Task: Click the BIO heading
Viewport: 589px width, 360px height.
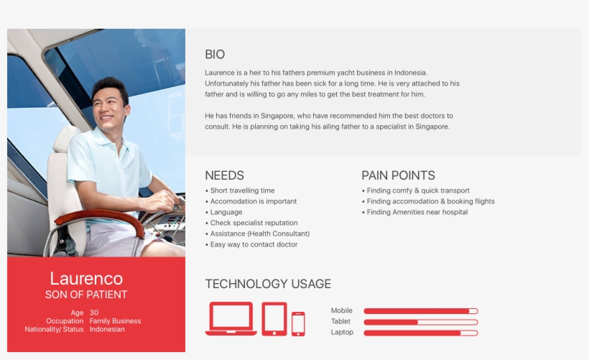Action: coord(215,55)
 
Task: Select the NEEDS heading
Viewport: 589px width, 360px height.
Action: coord(224,175)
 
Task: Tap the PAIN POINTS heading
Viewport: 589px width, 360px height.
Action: coord(398,175)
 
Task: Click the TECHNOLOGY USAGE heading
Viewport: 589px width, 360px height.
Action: coord(268,284)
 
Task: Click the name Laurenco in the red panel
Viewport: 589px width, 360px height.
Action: coord(86,279)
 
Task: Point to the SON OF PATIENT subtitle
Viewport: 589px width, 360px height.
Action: coord(86,295)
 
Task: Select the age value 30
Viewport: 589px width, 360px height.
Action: coord(94,313)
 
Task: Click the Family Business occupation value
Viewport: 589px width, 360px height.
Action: coord(115,321)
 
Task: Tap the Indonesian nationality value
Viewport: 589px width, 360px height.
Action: coord(107,329)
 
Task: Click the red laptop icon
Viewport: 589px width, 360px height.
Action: coord(231,318)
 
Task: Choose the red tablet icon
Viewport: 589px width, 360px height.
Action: coord(274,318)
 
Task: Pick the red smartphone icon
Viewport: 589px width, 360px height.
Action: coord(298,323)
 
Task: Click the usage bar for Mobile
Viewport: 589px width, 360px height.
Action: coord(420,311)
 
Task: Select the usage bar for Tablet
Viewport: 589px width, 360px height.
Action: coord(420,322)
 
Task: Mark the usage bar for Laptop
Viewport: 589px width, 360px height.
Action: coord(420,333)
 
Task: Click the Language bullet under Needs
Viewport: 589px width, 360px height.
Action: coord(226,213)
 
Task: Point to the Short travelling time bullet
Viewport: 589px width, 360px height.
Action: coord(242,191)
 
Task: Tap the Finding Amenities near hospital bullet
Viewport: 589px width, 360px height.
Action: coord(417,213)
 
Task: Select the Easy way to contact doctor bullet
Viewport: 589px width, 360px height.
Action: coord(254,245)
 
